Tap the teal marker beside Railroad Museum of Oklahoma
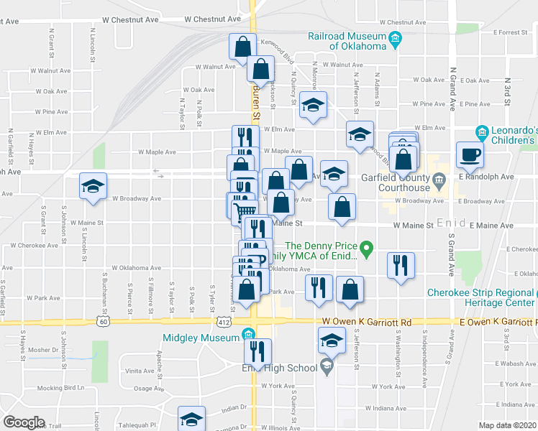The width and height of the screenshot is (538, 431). click(x=394, y=40)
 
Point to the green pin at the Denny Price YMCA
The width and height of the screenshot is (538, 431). click(x=367, y=251)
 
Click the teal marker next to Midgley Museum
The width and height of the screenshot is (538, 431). click(x=249, y=335)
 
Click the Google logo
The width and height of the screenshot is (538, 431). click(x=24, y=422)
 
